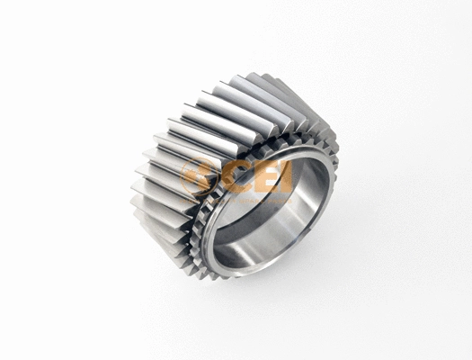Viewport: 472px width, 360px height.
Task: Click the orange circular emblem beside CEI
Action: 198,175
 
